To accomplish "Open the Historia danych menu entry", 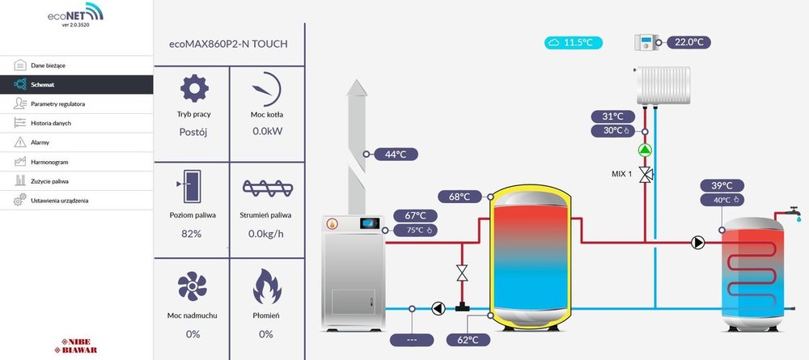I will (x=51, y=123).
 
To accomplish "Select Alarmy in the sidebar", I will (x=40, y=142).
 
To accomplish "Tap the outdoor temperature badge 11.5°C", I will (x=574, y=42).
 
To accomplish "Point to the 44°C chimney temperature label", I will (x=395, y=154).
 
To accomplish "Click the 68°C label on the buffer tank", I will (x=460, y=197).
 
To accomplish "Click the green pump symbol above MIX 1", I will (x=646, y=150).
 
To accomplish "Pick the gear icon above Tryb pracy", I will (x=193, y=88).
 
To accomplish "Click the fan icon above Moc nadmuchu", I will (x=193, y=286).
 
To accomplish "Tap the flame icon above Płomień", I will (x=266, y=286).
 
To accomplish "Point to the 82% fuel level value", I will (x=191, y=234).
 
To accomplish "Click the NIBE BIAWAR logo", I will (x=75, y=344).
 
